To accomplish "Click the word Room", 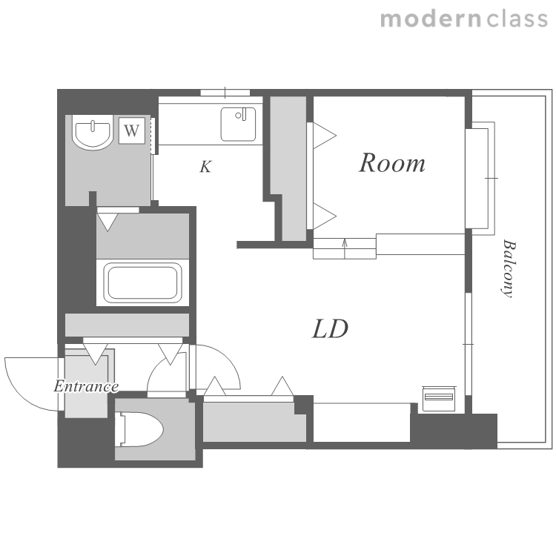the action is click(392, 163).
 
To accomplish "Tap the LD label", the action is click(330, 328).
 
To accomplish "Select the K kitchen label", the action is click(205, 166).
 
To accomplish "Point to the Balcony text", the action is click(509, 269).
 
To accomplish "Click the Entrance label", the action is click(86, 386).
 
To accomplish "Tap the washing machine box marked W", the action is click(131, 130).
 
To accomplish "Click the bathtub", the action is click(142, 282).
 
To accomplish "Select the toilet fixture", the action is click(139, 429).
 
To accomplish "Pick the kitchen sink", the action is click(238, 125).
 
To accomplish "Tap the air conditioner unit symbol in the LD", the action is click(439, 399).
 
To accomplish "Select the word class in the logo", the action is click(517, 19).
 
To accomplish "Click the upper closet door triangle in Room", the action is click(324, 135).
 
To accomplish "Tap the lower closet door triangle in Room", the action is click(324, 216).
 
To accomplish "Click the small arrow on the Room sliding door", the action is click(345, 248).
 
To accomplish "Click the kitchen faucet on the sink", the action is click(241, 114).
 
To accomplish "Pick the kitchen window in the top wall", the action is click(225, 93).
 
